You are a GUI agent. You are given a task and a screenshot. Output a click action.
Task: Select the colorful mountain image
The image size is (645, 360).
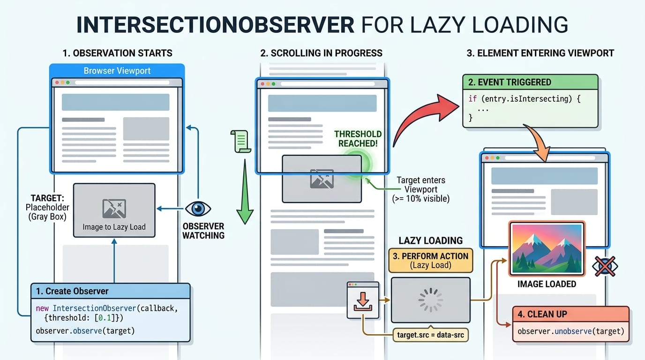point(546,248)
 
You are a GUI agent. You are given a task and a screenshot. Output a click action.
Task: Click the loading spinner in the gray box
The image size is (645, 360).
point(430,300)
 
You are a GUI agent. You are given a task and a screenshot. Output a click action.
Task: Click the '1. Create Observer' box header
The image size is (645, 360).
point(111,291)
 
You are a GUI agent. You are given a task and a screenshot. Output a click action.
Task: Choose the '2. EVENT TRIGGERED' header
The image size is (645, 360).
point(530,82)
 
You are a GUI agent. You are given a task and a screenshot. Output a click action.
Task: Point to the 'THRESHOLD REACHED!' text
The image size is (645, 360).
point(358,139)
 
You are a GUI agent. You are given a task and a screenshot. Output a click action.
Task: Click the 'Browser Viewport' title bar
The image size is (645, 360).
point(117,71)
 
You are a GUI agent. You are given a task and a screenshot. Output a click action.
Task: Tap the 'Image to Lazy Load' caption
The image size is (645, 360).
point(114,227)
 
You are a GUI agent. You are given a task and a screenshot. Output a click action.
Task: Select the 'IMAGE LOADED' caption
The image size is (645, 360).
point(547,284)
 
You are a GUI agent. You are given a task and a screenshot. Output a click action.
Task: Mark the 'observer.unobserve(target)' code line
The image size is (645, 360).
point(570,331)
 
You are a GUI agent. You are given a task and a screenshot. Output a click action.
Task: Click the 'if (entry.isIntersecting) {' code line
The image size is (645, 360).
point(525,99)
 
